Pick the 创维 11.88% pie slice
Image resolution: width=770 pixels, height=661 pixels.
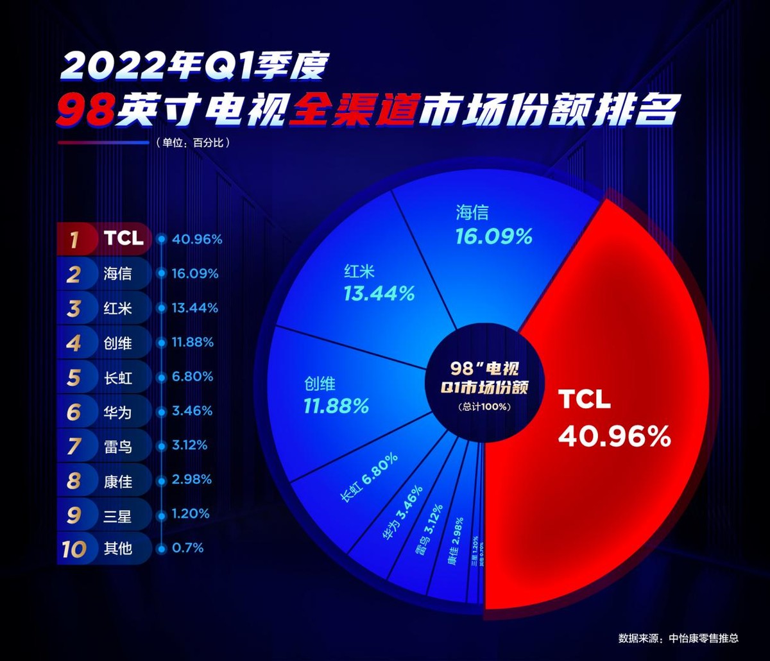pos(336,395)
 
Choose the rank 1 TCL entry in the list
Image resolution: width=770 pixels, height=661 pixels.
pos(123,239)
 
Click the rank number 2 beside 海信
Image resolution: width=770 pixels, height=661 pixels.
pos(74,274)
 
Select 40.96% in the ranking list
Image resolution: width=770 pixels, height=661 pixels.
pos(196,239)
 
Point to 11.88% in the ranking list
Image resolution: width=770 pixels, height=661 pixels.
pos(193,343)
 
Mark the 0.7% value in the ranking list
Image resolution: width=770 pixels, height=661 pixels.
pos(187,549)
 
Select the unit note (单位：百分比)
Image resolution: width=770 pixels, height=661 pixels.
pos(192,142)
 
